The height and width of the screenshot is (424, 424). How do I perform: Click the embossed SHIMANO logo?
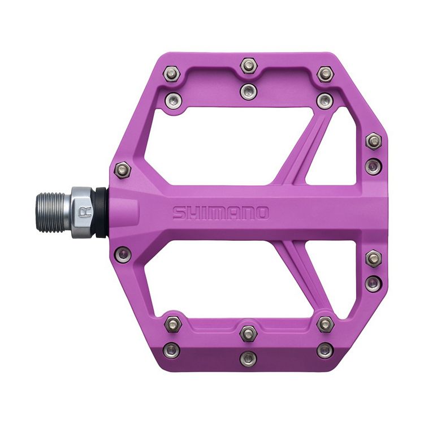[x=220, y=213]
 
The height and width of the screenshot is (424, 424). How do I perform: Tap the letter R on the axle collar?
[x=85, y=213]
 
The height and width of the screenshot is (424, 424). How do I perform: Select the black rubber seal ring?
[x=100, y=213]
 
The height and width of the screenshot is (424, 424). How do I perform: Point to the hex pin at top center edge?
[x=248, y=66]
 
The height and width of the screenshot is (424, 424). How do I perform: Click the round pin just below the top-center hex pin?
[x=248, y=91]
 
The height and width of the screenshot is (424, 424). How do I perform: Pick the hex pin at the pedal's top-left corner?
[x=172, y=73]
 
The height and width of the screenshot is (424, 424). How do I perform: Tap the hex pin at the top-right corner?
[x=325, y=74]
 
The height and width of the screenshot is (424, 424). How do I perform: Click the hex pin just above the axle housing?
[x=122, y=169]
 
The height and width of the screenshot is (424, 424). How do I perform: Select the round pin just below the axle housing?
[x=123, y=254]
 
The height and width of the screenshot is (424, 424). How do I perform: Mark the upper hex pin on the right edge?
[x=373, y=141]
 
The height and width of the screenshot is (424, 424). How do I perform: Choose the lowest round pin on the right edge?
[x=373, y=283]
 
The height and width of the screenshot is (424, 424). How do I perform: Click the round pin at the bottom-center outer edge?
[x=248, y=358]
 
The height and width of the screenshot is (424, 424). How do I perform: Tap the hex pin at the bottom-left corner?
[x=172, y=325]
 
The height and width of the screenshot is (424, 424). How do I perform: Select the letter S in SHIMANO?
[x=179, y=213]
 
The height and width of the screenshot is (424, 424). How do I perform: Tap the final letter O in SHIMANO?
[x=261, y=213]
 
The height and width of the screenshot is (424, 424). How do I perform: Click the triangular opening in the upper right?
[x=334, y=150]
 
